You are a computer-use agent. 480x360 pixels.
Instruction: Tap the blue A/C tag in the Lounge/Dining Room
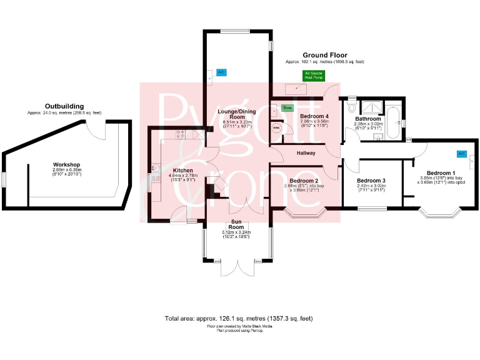click(x=221, y=72)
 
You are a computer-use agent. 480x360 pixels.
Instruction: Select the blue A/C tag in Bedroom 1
click(x=462, y=153)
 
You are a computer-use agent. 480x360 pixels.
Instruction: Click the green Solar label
click(x=287, y=108)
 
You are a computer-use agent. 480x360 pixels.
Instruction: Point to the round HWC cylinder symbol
click(x=277, y=128)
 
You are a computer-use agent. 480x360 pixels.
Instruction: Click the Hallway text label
click(x=306, y=153)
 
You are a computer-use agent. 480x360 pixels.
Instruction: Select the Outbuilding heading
click(x=64, y=106)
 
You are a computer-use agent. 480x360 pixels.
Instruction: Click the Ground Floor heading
click(x=324, y=55)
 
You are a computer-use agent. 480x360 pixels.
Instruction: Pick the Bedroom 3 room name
click(x=371, y=180)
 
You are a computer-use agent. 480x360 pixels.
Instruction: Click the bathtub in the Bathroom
click(x=394, y=122)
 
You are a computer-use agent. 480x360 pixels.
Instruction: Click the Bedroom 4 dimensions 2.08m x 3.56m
click(x=314, y=122)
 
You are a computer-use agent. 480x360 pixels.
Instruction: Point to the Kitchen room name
click(x=165, y=170)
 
